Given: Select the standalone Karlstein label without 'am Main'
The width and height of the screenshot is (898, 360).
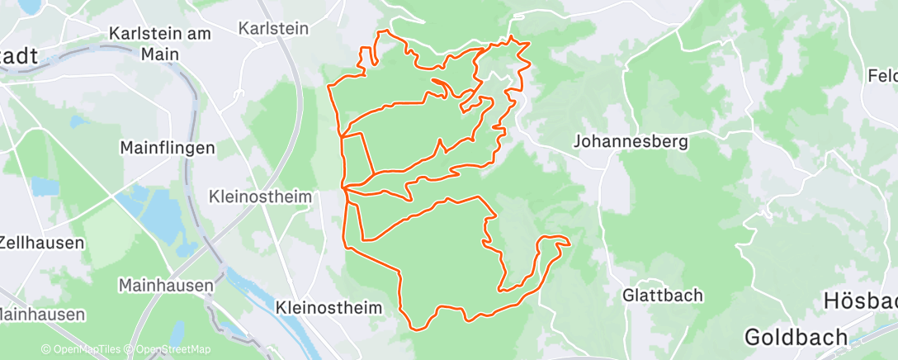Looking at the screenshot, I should point(272,28).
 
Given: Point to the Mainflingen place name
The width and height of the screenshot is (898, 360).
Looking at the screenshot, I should point(168,149).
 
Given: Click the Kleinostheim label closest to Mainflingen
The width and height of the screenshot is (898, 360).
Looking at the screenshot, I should point(260,197).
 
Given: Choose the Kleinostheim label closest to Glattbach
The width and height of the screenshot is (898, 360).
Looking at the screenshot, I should point(330,308).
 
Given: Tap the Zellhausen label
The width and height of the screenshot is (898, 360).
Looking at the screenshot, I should point(41,243).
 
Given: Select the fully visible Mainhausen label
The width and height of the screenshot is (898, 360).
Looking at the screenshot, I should point(166,286).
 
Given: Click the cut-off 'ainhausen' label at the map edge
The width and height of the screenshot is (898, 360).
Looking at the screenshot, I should point(41,315).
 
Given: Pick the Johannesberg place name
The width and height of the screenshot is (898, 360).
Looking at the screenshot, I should point(631,141).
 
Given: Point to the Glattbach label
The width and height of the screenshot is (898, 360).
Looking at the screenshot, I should point(663,295).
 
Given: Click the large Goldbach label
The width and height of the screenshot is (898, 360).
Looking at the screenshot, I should point(796,337).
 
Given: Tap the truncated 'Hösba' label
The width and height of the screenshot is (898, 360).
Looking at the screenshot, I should point(860,301).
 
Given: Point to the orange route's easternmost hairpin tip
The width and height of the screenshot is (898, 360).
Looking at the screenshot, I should point(569,242).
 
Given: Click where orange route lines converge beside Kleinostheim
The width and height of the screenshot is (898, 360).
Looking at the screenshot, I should point(344,189).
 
